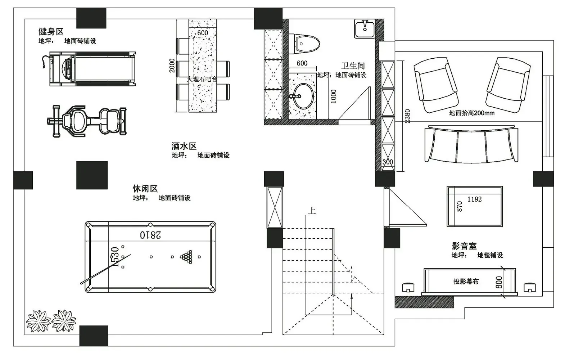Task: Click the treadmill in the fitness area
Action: (x=89, y=69)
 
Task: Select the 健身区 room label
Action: (x=51, y=32)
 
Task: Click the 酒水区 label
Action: (x=184, y=146)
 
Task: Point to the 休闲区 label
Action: (x=145, y=189)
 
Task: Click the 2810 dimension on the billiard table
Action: (x=150, y=235)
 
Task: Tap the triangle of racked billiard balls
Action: (x=186, y=257)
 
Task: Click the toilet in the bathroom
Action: (x=304, y=44)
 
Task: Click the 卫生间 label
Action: (x=353, y=66)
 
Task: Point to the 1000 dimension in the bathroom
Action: (x=334, y=96)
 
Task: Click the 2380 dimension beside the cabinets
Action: (x=407, y=116)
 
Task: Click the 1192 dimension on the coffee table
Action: (x=474, y=199)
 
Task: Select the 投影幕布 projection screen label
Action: (x=466, y=281)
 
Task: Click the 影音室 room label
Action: (x=464, y=246)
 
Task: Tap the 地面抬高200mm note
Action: (x=472, y=113)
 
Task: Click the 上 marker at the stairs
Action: (x=312, y=211)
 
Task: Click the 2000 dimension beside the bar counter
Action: (x=172, y=66)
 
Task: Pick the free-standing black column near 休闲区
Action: (x=92, y=175)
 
